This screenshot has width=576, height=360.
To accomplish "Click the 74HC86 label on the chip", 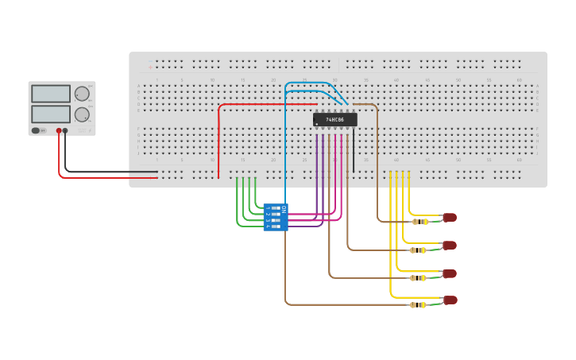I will click(x=335, y=119).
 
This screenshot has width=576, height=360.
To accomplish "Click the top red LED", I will click(x=450, y=217).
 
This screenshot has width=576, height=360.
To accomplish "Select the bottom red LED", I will click(x=450, y=300).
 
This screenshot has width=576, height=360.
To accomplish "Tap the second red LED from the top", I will click(x=450, y=246).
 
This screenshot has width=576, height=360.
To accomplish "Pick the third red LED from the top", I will click(x=450, y=273).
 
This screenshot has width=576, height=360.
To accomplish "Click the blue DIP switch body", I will click(x=276, y=217).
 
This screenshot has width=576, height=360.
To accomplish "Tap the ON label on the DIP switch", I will click(x=284, y=209).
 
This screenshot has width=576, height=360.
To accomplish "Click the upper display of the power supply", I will click(x=51, y=94).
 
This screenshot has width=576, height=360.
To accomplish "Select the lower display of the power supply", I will click(x=51, y=114).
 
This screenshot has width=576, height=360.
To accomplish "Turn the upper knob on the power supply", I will click(x=82, y=94).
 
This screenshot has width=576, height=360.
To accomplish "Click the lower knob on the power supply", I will click(x=82, y=114).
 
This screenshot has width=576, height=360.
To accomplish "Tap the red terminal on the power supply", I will click(x=59, y=130).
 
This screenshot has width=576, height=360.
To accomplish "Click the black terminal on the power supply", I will click(x=65, y=130).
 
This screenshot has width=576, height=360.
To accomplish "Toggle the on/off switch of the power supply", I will click(x=36, y=130).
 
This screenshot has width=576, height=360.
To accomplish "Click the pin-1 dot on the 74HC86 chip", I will click(x=317, y=124).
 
